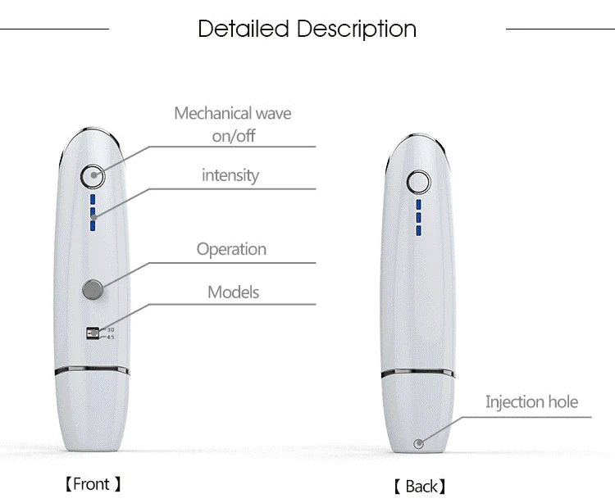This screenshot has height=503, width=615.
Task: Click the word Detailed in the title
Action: (x=244, y=29)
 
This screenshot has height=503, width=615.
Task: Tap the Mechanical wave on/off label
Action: (x=233, y=124)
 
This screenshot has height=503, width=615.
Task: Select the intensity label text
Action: (x=230, y=175)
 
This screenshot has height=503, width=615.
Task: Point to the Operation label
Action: (x=231, y=249)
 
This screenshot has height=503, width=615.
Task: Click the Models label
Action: (x=233, y=292)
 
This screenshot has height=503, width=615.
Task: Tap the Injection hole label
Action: (x=531, y=401)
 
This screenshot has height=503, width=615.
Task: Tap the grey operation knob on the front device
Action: (x=93, y=288)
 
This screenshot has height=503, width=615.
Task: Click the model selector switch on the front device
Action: (x=93, y=333)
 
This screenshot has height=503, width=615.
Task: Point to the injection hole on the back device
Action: (x=419, y=444)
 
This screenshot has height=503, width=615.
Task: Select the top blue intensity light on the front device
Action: (x=93, y=199)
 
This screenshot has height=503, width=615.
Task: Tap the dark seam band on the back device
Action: (x=419, y=374)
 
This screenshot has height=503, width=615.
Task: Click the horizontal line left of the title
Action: (x=54, y=29)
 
